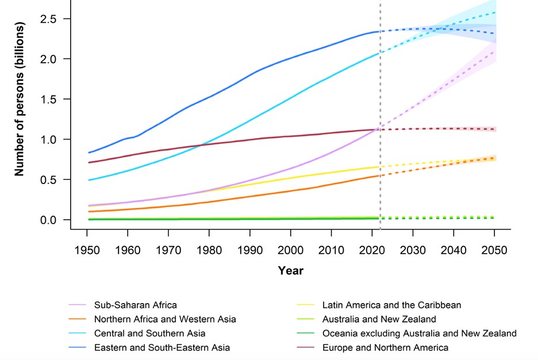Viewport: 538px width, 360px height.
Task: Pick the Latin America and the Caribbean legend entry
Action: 391,305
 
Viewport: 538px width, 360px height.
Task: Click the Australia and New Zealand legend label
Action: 379,319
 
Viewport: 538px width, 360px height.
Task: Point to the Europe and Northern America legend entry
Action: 385,347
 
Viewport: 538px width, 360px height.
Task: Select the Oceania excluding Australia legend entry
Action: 419,334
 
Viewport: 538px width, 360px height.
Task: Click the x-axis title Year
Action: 290,270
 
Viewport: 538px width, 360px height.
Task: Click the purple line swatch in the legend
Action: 77,305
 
